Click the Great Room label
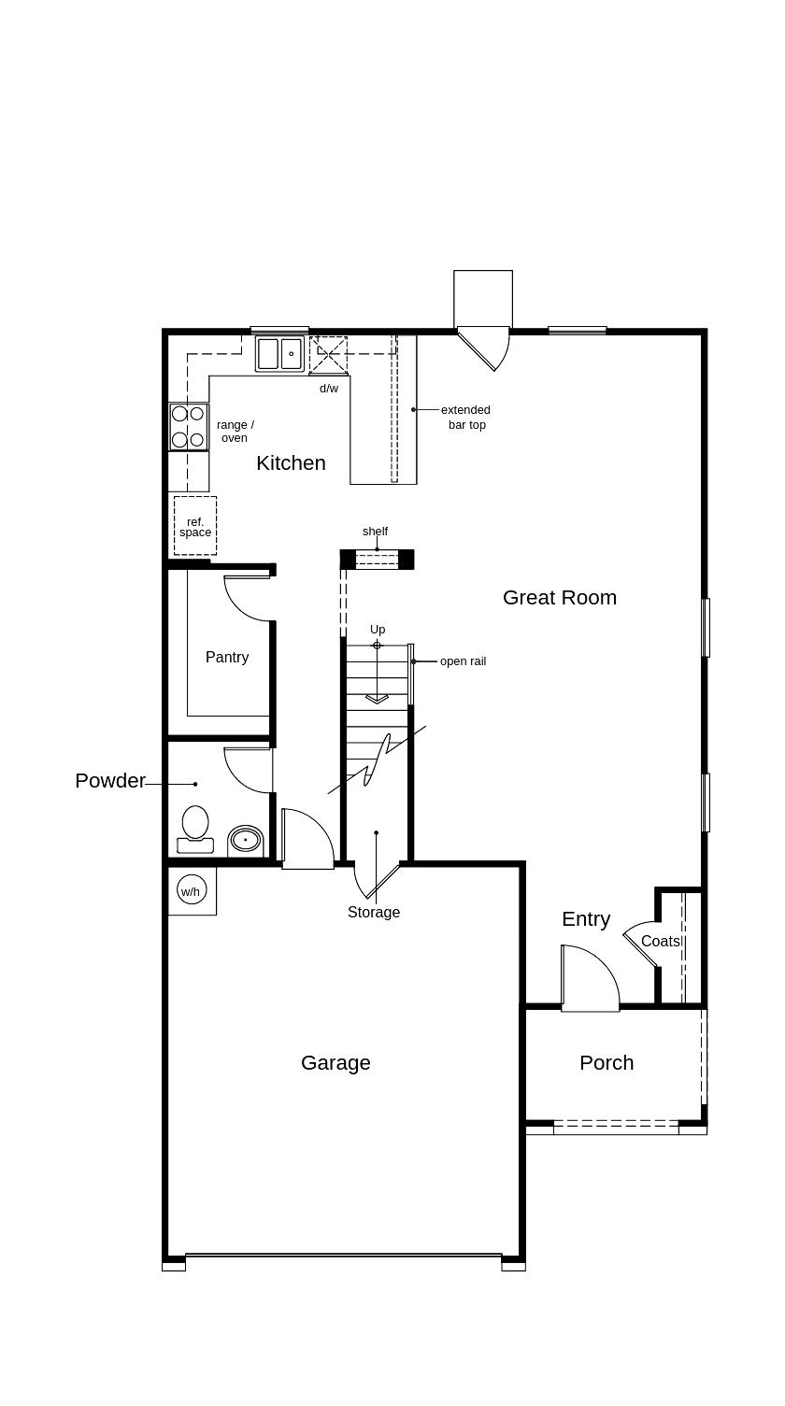pos(560,598)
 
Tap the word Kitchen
pos(291,463)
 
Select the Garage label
pos(335,1063)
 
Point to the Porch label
pos(606,1062)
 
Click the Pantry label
pos(227,657)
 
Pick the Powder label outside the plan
pos(110,780)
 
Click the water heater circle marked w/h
pos(192,890)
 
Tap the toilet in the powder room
pos(195,830)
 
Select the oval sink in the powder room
pos(245,839)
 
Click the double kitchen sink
pos(279,354)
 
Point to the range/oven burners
pos(189,427)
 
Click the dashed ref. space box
pos(195,526)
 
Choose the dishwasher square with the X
pos(328,355)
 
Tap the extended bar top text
pos(466,418)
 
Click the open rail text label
pos(463,660)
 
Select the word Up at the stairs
pos(378,630)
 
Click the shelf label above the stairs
pos(375,531)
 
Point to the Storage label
pos(374,912)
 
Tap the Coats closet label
pos(661,941)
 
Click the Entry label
pos(586,919)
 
